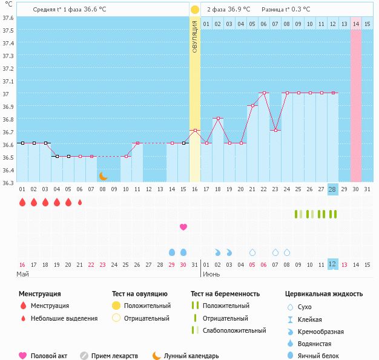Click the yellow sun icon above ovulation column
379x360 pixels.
click(194, 10)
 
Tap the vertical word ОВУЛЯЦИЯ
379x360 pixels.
click(194, 36)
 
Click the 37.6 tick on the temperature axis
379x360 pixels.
click(8, 18)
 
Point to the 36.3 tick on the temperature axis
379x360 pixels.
click(8, 182)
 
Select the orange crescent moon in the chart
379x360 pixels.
click(104, 176)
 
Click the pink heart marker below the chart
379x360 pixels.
click(183, 227)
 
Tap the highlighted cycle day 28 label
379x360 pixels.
click(332, 189)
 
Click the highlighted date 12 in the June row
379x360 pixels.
click(332, 264)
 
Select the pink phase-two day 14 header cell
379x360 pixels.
click(356, 24)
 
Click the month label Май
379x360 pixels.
click(22, 274)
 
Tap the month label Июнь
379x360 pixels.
click(211, 274)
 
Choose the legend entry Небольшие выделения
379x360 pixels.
click(64, 318)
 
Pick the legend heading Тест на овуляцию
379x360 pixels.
click(141, 293)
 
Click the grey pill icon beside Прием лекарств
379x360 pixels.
click(84, 356)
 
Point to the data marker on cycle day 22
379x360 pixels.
click(263, 93)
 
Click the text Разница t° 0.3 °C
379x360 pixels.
click(286, 10)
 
